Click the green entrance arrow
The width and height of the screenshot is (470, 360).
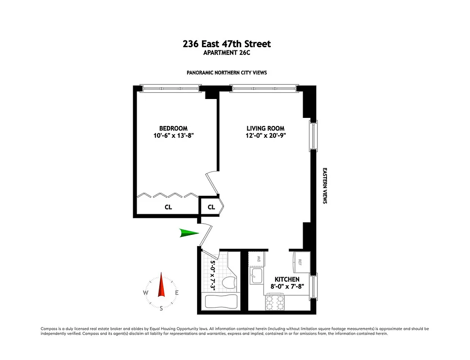(x=188, y=233)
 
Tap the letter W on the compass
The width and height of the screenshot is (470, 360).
(x=146, y=293)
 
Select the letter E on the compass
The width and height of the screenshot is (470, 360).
(x=177, y=293)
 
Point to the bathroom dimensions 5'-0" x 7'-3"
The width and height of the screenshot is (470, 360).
(x=214, y=275)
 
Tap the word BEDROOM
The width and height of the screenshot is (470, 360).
(x=173, y=128)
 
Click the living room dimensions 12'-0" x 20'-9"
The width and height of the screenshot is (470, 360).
(x=265, y=135)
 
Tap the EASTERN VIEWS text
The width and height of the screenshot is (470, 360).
(x=324, y=186)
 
